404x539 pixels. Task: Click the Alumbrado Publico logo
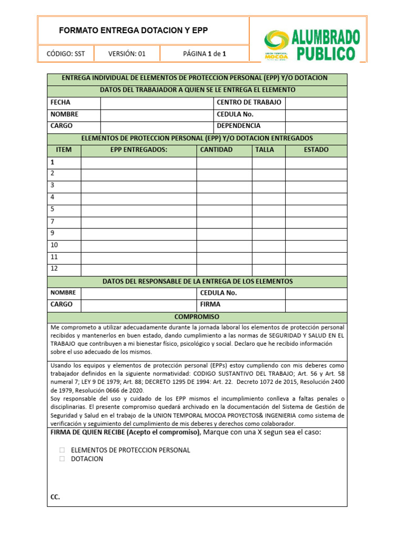click(312, 45)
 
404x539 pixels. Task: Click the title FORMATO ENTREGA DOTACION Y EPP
click(133, 31)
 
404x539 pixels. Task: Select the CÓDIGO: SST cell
click(66, 53)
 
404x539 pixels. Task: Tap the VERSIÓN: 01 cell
click(126, 53)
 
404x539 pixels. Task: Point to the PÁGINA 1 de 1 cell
click(205, 53)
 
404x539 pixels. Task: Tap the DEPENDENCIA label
click(238, 126)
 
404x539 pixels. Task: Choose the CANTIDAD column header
click(216, 150)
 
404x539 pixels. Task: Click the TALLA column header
click(265, 150)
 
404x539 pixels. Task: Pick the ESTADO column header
click(316, 150)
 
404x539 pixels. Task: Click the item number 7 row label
click(53, 221)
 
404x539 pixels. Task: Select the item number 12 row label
click(54, 269)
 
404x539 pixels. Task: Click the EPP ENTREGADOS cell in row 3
click(138, 186)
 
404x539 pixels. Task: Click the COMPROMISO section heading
click(197, 317)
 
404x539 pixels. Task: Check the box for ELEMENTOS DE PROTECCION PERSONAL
click(62, 451)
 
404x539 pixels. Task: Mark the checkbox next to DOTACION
click(62, 459)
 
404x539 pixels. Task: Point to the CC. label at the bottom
click(55, 497)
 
